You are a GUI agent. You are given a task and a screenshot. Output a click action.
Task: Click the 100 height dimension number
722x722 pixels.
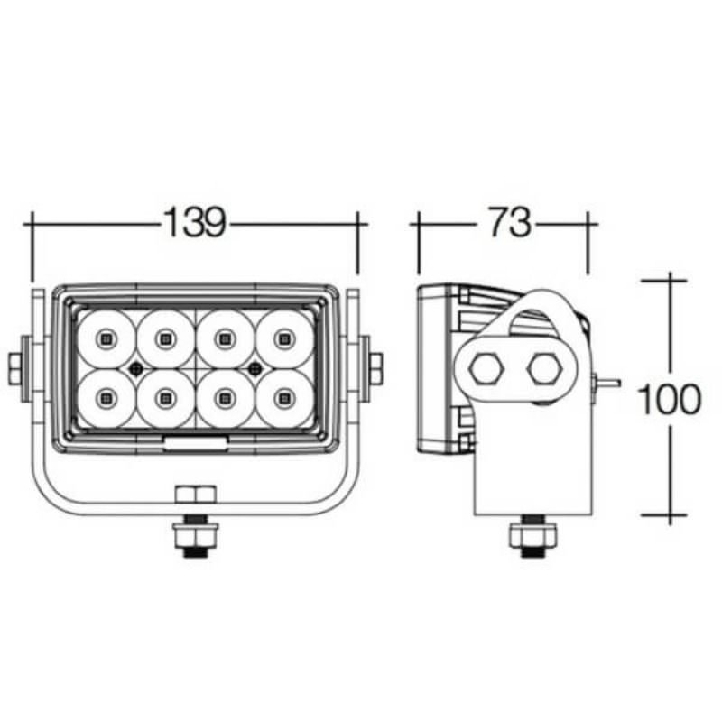pos(670,398)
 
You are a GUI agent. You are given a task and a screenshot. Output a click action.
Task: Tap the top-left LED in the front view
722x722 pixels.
pos(106,339)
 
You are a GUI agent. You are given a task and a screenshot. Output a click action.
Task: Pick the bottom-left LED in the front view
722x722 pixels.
pos(106,395)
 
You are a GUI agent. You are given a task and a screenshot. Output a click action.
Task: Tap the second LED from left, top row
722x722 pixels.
pos(164,339)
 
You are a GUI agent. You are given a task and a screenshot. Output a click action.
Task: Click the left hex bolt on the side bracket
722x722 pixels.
pos(486,368)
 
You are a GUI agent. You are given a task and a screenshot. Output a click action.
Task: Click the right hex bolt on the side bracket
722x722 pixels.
pos(544,368)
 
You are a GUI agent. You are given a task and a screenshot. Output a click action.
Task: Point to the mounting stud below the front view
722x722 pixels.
pos(195,538)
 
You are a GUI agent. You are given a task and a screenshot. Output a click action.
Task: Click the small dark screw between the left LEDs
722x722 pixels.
pos(135,367)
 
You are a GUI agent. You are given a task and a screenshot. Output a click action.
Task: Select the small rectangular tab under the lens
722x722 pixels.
pos(195,441)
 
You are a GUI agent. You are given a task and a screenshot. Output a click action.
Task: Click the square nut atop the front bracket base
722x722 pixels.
pos(195,494)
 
